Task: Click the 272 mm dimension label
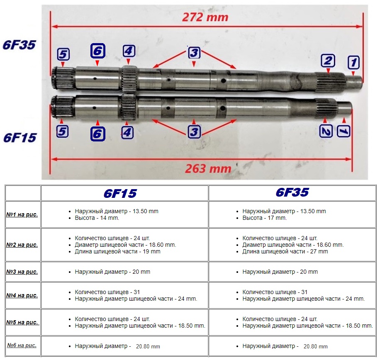[205, 17]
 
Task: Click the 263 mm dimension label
[208, 169]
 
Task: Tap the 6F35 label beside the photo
[19, 45]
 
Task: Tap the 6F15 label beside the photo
[19, 137]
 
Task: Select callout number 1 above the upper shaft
[353, 63]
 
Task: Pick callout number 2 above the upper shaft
[327, 61]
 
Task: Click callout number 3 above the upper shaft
[194, 53]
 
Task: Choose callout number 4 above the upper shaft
[129, 51]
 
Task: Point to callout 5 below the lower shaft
[63, 131]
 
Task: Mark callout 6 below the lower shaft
[97, 134]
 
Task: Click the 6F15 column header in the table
[120, 193]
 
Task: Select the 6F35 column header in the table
[292, 192]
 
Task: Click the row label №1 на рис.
[22, 214]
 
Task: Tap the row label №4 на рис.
[22, 295]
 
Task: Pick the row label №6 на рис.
[22, 345]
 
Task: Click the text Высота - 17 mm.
[264, 218]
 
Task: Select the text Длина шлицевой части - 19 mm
[117, 251]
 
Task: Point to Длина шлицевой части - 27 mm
[285, 251]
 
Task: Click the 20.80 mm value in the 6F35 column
[315, 346]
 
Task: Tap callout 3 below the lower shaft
[194, 132]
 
